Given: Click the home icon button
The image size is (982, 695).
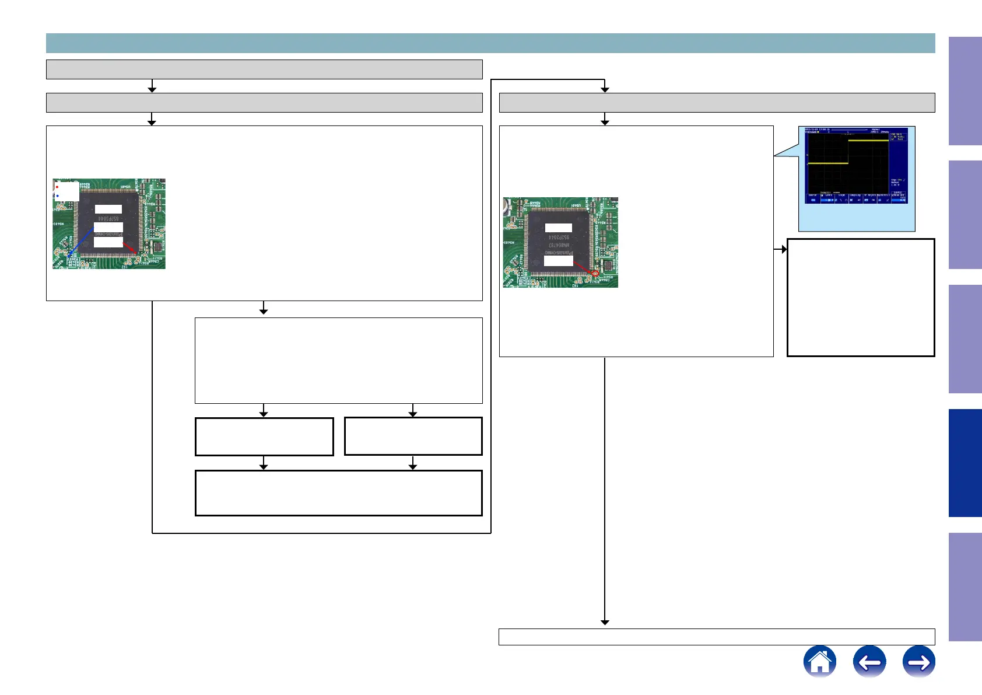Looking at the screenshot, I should click(x=819, y=661).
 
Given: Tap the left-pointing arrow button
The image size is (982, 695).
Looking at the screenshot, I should click(x=869, y=661).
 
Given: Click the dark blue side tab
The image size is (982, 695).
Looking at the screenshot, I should click(x=965, y=463).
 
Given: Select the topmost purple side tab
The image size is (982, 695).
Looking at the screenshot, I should click(x=965, y=91).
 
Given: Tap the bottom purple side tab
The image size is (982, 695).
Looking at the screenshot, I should click(x=965, y=587).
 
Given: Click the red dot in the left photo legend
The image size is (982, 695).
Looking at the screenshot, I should click(x=57, y=187).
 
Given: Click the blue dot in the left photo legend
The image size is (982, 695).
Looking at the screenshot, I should click(x=57, y=196).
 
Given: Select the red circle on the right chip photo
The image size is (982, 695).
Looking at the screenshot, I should click(x=595, y=273).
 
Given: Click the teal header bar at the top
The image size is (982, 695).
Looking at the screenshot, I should click(x=490, y=43).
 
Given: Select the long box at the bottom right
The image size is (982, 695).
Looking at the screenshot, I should click(x=717, y=637).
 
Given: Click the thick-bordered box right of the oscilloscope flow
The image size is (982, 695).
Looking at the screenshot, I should click(x=861, y=297).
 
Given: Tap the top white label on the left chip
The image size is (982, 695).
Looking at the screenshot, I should click(x=108, y=209).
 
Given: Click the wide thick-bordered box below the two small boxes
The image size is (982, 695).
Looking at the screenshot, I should click(x=338, y=493).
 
